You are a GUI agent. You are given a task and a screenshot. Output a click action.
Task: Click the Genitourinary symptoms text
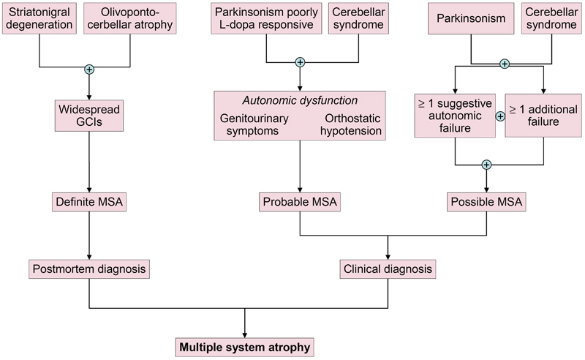[x=254, y=124]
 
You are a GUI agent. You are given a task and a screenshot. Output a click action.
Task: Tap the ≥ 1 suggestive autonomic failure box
[x=455, y=116]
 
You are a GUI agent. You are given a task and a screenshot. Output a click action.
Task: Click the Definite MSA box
[x=89, y=200]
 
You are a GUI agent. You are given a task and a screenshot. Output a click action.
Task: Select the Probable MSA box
[x=300, y=200]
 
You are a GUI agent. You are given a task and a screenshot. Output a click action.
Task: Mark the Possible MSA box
[x=486, y=200]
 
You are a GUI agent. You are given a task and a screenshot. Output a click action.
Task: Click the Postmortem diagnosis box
[x=89, y=269]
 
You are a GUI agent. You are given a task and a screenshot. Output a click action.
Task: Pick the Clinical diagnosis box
[x=388, y=269]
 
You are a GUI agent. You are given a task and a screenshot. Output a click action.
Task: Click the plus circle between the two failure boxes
[x=501, y=116]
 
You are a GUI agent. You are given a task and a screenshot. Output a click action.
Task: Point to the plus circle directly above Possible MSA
[x=486, y=165]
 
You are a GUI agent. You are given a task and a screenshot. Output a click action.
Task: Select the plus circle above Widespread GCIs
[x=89, y=70]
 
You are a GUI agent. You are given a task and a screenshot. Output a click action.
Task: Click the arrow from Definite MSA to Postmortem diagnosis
[x=89, y=234]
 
